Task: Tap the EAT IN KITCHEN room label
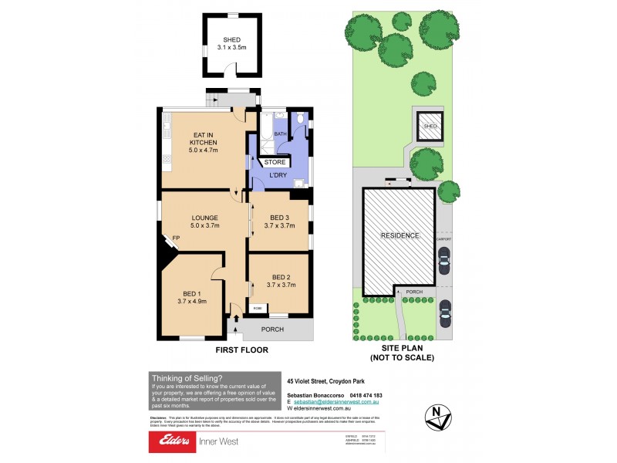pyautogui.click(x=204, y=143)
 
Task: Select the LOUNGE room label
pyautogui.click(x=204, y=221)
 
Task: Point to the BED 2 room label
pyautogui.click(x=280, y=281)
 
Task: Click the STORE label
pyautogui.click(x=275, y=163)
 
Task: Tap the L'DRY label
pyautogui.click(x=278, y=175)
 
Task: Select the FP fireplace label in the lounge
pyautogui.click(x=176, y=238)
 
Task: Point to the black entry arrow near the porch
pyautogui.click(x=235, y=319)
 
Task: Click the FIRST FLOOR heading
pyautogui.click(x=241, y=350)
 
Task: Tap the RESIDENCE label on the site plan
pyautogui.click(x=400, y=235)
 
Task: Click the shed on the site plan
pyautogui.click(x=430, y=127)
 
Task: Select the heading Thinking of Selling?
pyautogui.click(x=187, y=377)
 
